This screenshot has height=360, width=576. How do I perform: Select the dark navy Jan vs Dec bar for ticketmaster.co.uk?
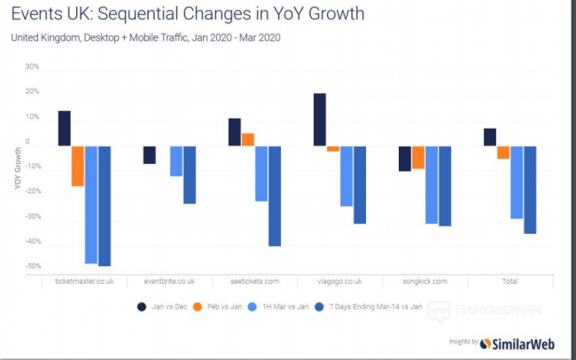(65, 128)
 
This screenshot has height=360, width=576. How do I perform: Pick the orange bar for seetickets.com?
(248, 139)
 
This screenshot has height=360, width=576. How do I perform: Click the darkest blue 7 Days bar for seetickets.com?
(275, 195)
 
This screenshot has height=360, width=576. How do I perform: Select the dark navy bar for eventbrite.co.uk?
(150, 154)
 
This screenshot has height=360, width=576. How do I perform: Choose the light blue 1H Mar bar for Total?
(517, 182)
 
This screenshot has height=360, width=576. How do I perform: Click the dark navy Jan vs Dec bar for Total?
(490, 137)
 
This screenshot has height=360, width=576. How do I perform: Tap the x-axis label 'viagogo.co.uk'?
(340, 281)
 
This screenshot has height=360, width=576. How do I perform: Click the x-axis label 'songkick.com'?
(425, 281)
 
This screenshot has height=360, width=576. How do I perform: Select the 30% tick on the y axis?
(32, 67)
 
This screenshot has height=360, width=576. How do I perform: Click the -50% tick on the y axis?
(32, 266)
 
